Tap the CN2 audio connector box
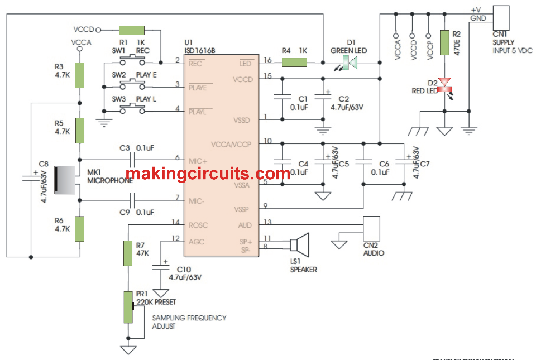click(x=371, y=230)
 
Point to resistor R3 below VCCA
click(x=80, y=75)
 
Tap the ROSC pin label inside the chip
click(x=198, y=225)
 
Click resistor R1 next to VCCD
click(x=132, y=30)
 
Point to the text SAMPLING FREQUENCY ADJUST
click(x=189, y=321)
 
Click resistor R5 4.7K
click(x=80, y=131)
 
